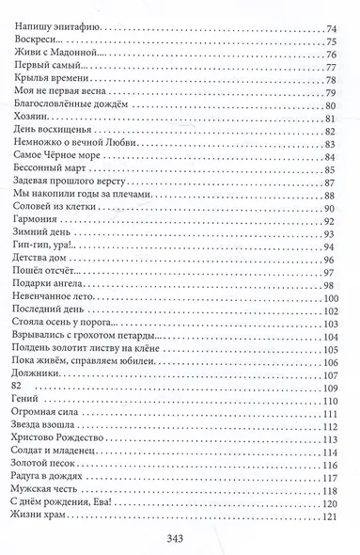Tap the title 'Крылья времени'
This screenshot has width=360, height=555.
(x=55, y=90)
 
